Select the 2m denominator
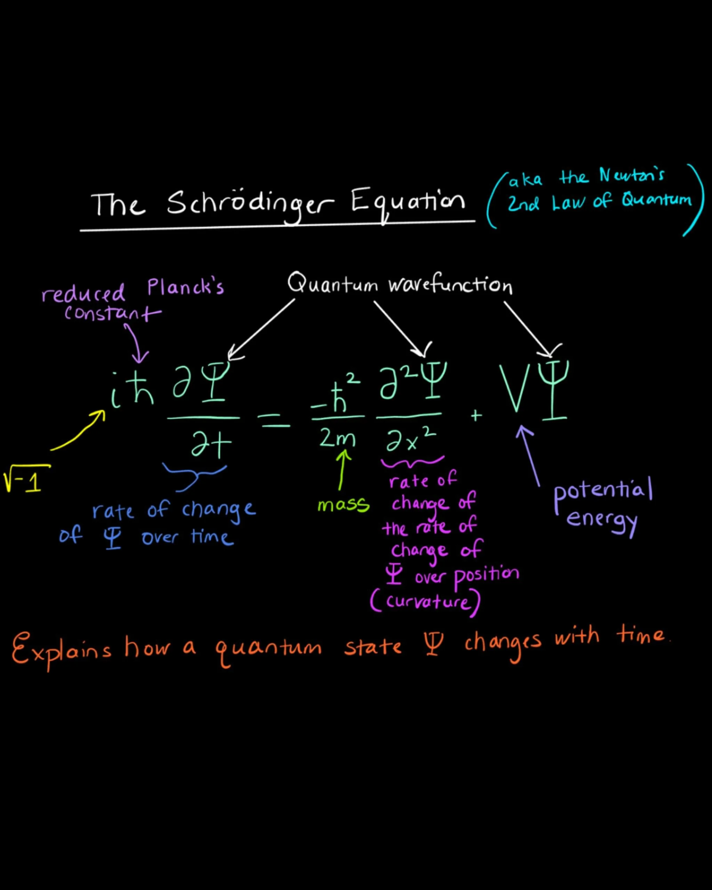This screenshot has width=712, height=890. (337, 438)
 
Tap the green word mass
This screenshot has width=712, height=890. (343, 505)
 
